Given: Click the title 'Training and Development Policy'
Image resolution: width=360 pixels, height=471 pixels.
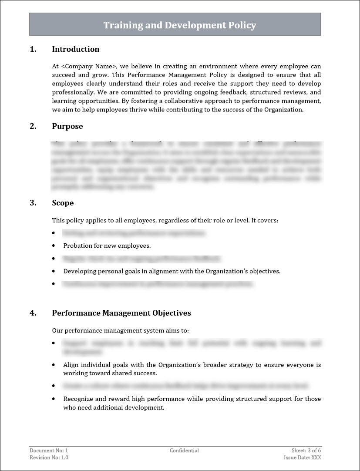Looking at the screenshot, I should point(179,25).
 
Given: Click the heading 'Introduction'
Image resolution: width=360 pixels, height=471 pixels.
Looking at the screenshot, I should point(75,49).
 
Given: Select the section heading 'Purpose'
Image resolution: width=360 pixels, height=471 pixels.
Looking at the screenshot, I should point(67,126).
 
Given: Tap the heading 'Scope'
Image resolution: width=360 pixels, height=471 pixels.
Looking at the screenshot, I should point(63,203).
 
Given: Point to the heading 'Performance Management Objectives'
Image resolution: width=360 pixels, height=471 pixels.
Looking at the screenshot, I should point(121,313).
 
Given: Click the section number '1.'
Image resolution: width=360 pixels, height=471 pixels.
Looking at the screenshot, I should point(33,49).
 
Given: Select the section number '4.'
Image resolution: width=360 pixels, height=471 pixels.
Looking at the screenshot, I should point(33,313).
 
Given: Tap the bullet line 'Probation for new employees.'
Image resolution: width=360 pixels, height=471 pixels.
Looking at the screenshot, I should point(107,246).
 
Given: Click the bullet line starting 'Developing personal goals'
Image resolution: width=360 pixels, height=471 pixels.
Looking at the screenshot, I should point(172,271).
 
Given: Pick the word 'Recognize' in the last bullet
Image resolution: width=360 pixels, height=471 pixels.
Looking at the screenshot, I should point(77,399).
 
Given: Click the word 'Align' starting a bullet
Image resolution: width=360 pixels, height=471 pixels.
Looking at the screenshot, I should point(71,365).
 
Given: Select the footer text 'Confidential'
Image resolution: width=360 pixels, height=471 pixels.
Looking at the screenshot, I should point(184,451).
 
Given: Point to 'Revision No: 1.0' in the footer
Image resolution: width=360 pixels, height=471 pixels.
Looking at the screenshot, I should point(49,458).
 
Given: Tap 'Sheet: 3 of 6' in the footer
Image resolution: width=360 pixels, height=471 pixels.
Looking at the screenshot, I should point(306,451).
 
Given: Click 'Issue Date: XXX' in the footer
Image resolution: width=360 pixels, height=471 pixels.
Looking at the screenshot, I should point(302,458).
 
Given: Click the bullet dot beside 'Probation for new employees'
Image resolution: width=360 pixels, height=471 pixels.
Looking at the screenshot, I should point(54,246).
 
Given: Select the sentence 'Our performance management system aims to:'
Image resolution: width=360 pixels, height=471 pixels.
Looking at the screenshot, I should point(120,331).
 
